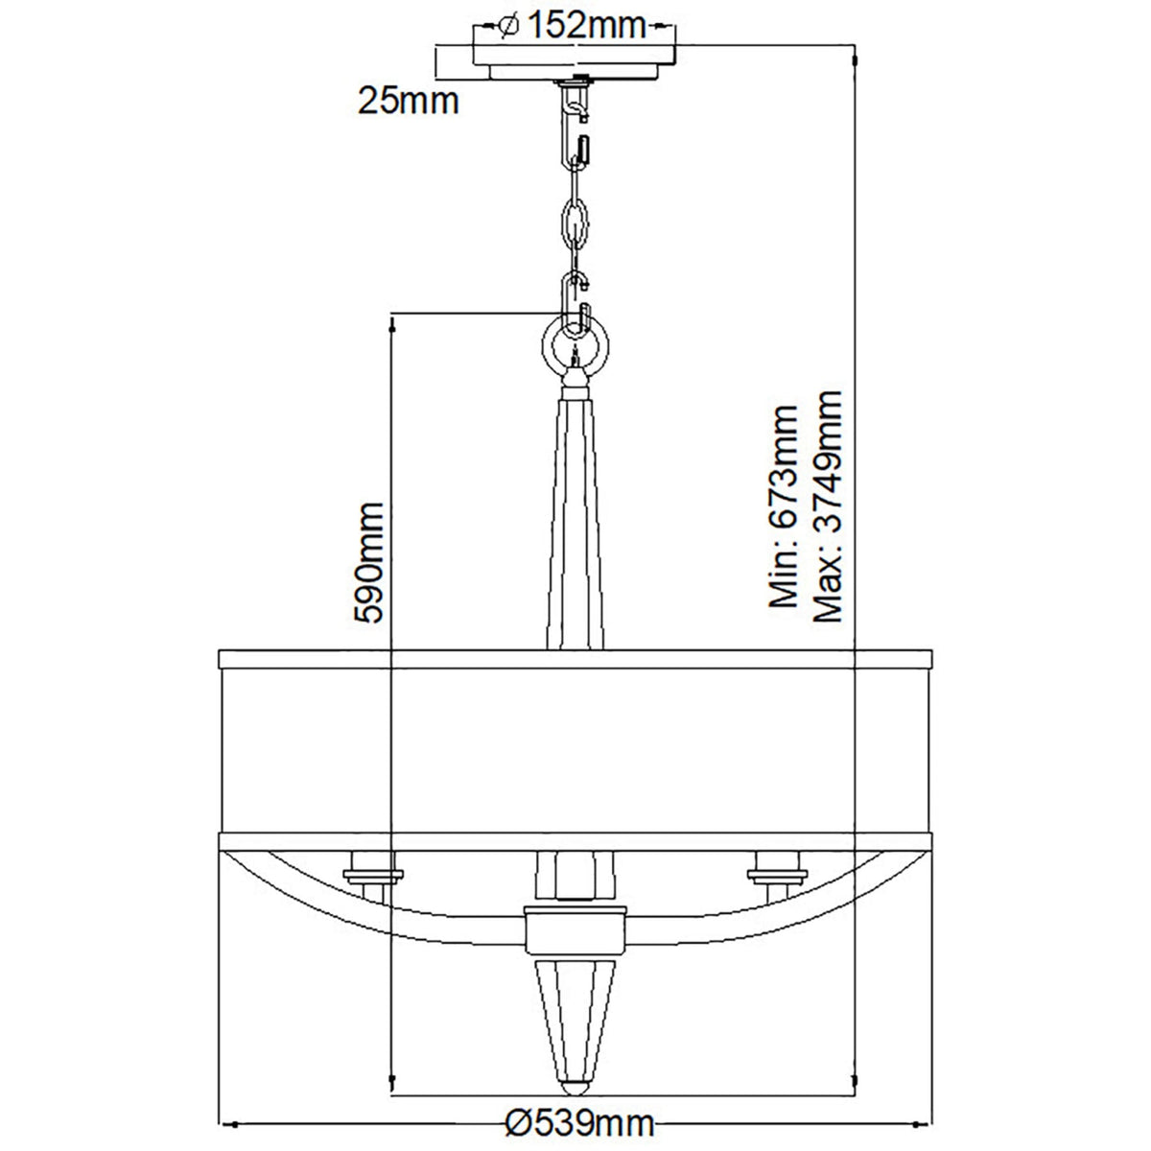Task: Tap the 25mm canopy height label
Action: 409,99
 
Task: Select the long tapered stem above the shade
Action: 575,518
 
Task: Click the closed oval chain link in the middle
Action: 575,223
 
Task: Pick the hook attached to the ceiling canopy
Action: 576,104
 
